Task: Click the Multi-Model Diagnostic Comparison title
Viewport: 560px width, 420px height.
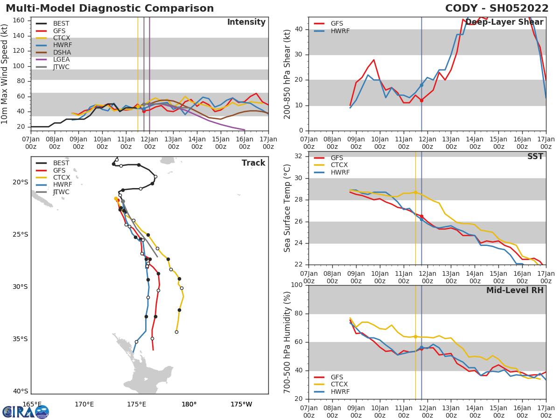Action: [110, 8]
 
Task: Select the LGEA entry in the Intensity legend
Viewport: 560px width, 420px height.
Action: [61, 59]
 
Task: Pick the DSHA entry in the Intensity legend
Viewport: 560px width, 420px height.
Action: [62, 52]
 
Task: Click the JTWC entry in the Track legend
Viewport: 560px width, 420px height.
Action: [61, 192]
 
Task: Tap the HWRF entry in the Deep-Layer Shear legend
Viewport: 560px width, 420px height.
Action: [340, 31]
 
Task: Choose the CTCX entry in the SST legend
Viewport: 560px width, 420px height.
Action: [340, 165]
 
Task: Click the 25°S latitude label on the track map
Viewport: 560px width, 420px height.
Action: [21, 234]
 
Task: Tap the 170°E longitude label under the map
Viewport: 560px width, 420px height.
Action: [84, 404]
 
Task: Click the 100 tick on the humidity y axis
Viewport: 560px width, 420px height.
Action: [297, 285]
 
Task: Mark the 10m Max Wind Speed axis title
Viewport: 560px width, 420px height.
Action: [5, 74]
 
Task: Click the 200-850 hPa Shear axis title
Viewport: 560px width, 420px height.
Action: [288, 74]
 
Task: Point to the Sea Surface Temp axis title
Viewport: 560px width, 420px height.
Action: [288, 208]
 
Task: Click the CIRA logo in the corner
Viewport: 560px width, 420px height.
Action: [26, 412]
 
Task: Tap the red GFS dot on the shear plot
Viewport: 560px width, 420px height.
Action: [421, 100]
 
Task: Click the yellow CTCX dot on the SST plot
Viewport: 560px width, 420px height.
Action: [415, 192]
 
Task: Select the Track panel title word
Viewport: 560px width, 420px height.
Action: [253, 163]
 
